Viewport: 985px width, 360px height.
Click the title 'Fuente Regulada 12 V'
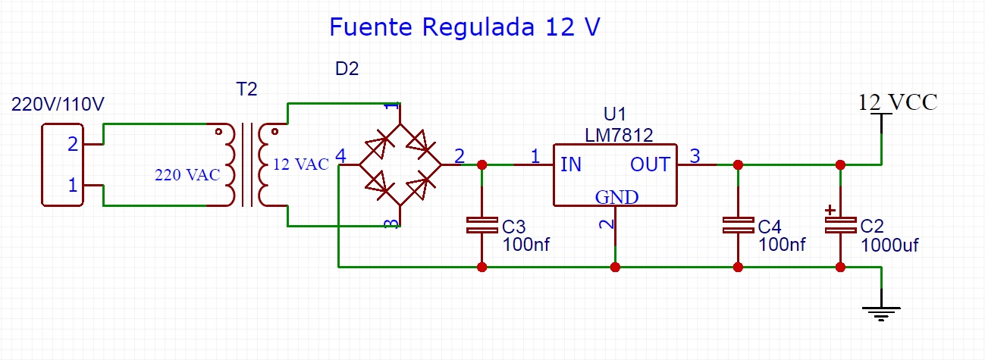click(464, 27)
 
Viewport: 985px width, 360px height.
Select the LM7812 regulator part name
click(619, 135)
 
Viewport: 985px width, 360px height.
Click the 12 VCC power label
click(897, 102)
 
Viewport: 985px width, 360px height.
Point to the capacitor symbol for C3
click(481, 225)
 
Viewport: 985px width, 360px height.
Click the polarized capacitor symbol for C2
click(840, 225)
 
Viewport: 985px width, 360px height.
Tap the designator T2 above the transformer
click(247, 89)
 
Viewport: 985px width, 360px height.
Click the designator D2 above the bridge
click(347, 69)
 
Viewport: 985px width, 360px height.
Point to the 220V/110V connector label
click(58, 105)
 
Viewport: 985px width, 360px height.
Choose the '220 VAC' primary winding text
click(187, 175)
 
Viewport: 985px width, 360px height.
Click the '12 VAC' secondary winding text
click(301, 164)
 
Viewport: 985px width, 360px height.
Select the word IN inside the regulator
click(571, 164)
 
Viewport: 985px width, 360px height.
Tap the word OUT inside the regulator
click(650, 164)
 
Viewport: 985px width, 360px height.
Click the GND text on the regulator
click(616, 197)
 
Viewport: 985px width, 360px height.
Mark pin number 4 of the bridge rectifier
click(340, 157)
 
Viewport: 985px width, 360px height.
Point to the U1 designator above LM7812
click(615, 114)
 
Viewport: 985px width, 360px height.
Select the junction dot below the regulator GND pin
click(615, 267)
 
